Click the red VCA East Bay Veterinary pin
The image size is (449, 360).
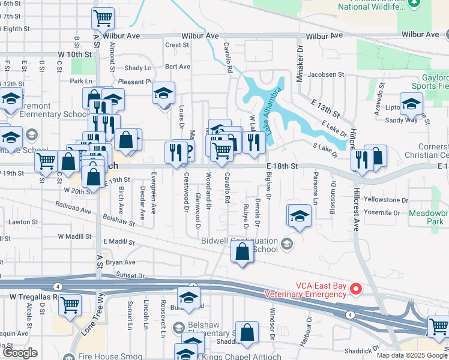click(355, 289)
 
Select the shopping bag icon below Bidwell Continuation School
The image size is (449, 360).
click(242, 253)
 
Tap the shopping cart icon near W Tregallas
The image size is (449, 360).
click(70, 304)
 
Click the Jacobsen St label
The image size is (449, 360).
click(325, 76)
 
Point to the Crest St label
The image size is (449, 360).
click(177, 45)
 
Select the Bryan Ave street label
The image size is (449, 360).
click(121, 262)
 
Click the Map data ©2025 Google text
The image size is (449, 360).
click(411, 355)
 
